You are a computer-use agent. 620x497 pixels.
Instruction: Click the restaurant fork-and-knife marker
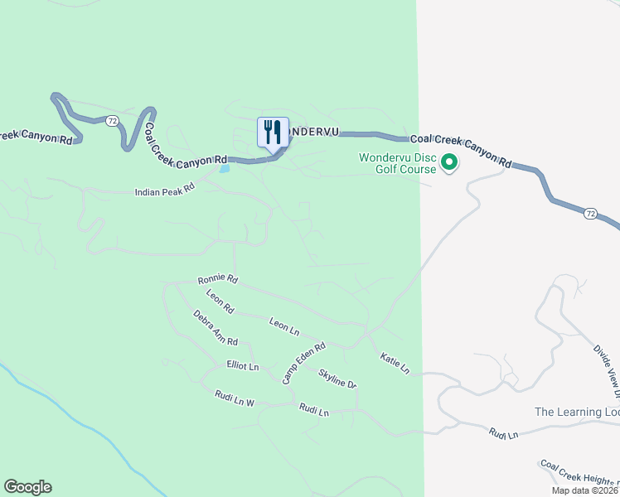[273, 132]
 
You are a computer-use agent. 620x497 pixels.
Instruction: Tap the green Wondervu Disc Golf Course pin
[449, 162]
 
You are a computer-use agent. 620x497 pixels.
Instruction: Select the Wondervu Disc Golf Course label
[397, 163]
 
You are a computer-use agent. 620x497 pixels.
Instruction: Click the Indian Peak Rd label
[164, 191]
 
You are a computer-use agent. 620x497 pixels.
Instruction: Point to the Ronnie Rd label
[218, 280]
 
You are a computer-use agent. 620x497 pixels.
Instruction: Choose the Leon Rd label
[220, 302]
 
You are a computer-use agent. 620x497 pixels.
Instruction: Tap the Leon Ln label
[284, 326]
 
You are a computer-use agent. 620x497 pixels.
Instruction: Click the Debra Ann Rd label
[216, 328]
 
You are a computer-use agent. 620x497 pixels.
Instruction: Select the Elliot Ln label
[243, 365]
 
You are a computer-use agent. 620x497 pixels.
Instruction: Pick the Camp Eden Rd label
[304, 363]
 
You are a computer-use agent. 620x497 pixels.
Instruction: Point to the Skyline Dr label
[337, 379]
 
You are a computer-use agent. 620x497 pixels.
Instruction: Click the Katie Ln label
[395, 364]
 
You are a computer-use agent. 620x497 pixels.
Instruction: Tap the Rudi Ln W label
[234, 398]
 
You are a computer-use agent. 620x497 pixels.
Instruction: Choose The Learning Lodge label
[577, 412]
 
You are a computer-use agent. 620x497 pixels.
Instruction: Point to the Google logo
[27, 487]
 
